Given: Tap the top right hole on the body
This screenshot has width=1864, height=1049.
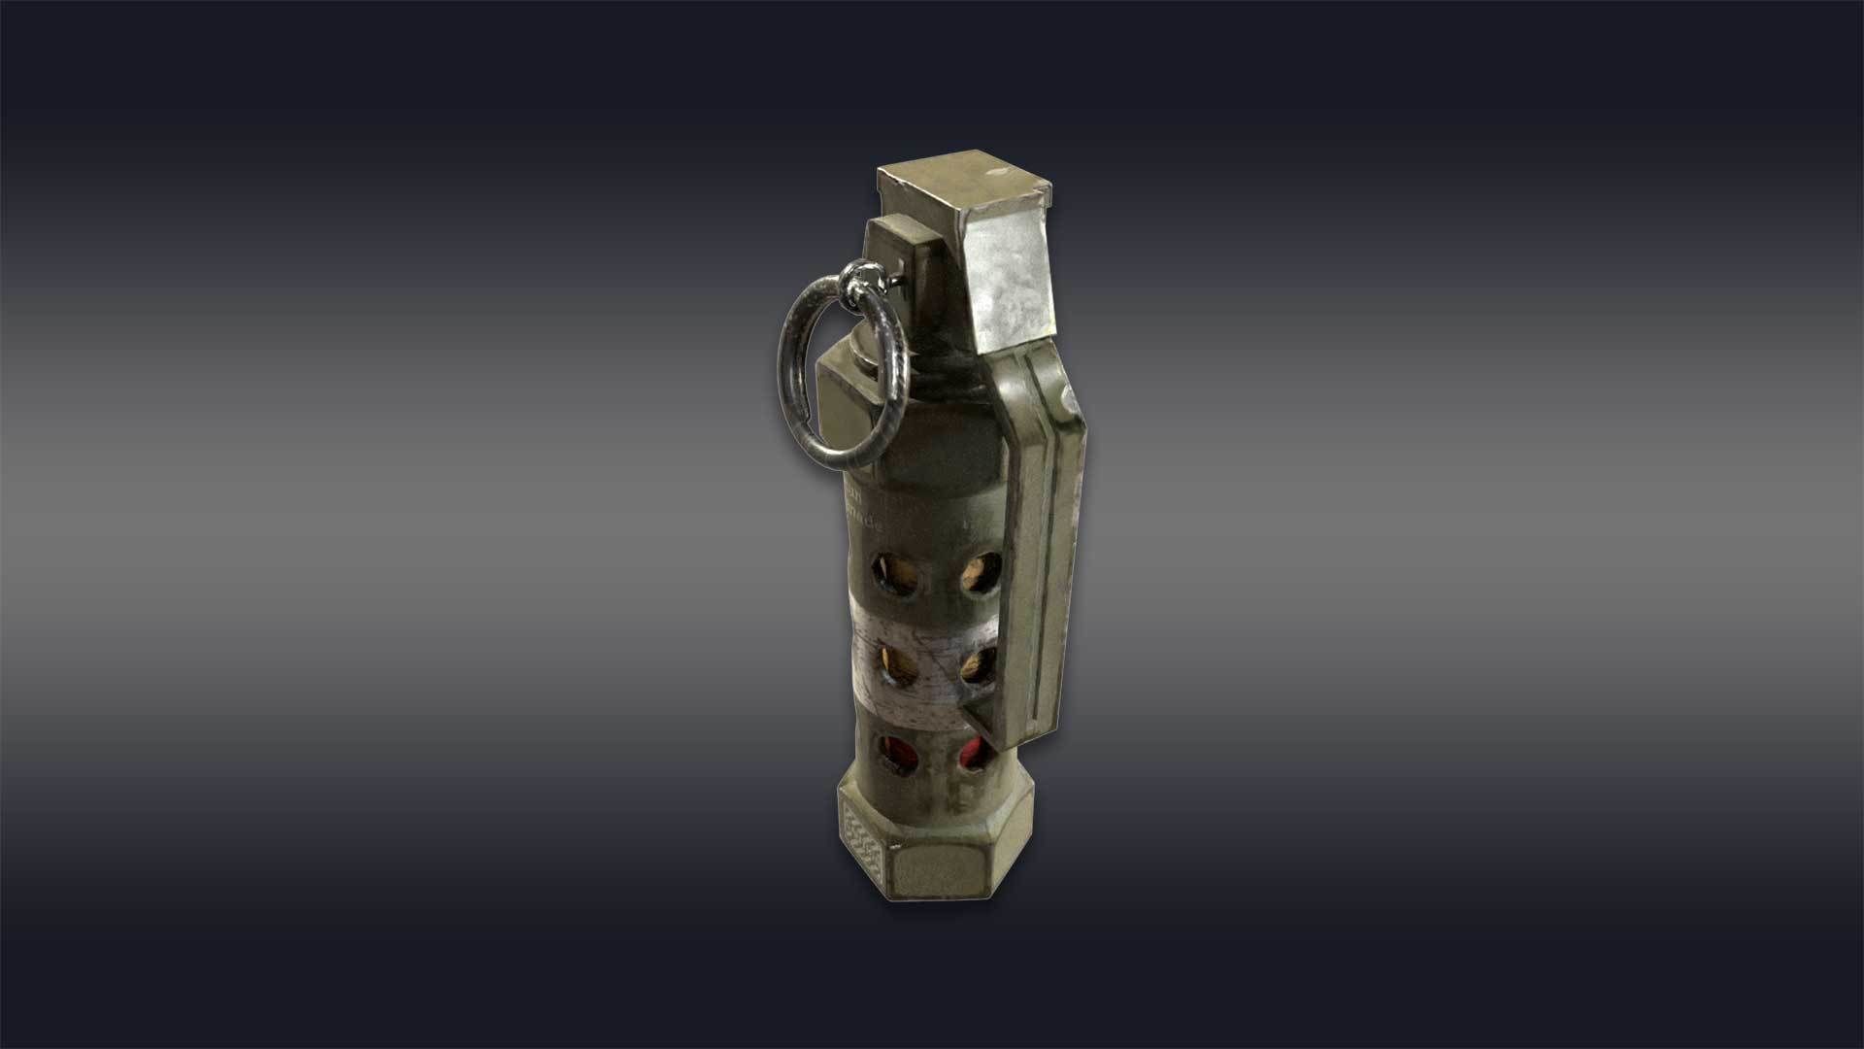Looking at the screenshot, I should click(980, 574).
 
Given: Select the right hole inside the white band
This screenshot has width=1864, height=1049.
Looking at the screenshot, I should click(978, 665).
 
